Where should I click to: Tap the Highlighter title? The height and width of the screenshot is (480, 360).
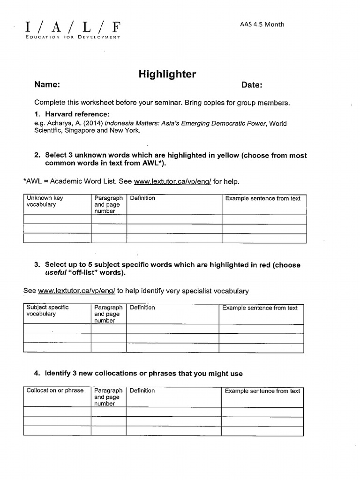[x=167, y=74]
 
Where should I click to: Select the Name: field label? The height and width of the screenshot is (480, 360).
[x=47, y=85]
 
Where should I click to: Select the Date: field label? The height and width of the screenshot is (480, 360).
[x=252, y=85]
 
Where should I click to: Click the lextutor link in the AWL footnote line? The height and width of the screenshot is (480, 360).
[x=172, y=181]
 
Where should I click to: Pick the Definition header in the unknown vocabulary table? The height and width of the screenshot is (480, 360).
[x=142, y=198]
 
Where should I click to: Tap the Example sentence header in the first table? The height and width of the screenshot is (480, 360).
[x=263, y=198]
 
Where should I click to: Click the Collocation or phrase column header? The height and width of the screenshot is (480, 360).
[x=55, y=390]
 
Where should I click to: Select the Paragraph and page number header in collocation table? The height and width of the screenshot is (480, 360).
[x=108, y=397]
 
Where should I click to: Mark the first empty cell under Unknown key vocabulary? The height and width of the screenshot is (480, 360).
[x=57, y=219]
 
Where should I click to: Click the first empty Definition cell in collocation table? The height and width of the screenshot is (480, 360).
[x=173, y=412]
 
